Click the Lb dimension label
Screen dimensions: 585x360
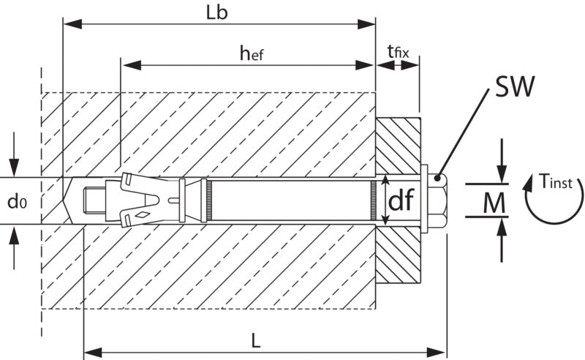click(216, 12)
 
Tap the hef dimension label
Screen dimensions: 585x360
click(252, 53)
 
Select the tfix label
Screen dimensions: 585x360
click(398, 51)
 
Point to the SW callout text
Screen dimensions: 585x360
click(515, 86)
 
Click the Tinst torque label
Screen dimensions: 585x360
click(556, 182)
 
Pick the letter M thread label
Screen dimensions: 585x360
click(494, 203)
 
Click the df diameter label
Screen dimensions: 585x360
click(401, 200)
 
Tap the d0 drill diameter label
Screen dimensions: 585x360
click(17, 202)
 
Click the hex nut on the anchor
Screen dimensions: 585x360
click(437, 200)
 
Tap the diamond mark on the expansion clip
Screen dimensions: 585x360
click(143, 214)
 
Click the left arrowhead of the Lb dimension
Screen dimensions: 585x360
click(72, 24)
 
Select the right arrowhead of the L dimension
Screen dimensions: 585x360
click(437, 352)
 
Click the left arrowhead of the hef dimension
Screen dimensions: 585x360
click(132, 65)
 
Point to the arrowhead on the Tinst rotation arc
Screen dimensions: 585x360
click(529, 185)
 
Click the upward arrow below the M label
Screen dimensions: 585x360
click(502, 240)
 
